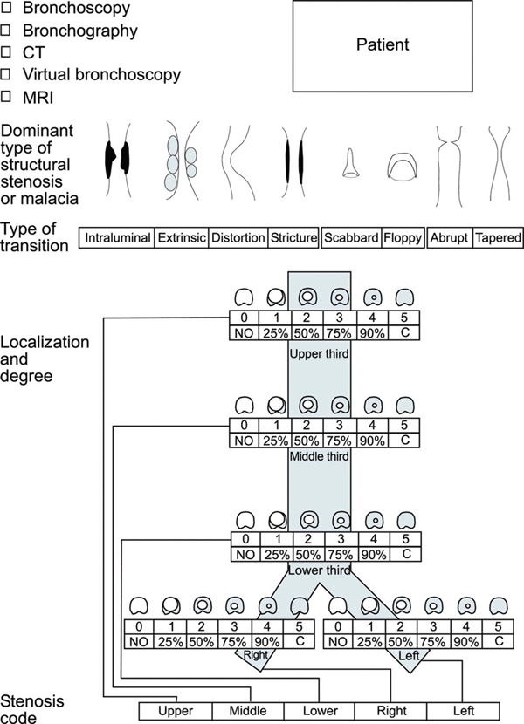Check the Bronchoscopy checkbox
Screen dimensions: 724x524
tap(6, 10)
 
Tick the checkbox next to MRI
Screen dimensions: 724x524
tap(6, 95)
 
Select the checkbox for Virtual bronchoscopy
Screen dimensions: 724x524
tap(6, 74)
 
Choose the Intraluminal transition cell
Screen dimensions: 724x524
tap(117, 237)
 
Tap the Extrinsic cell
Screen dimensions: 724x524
tap(181, 237)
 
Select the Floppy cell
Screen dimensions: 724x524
tap(403, 237)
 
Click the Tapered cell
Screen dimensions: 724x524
tap(498, 237)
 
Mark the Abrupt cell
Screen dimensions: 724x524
tap(450, 237)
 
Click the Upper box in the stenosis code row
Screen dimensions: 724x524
tap(176, 711)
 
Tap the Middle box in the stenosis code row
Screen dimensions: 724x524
tap(248, 711)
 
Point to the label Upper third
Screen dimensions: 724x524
tap(320, 355)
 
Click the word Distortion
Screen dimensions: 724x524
tap(238, 237)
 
